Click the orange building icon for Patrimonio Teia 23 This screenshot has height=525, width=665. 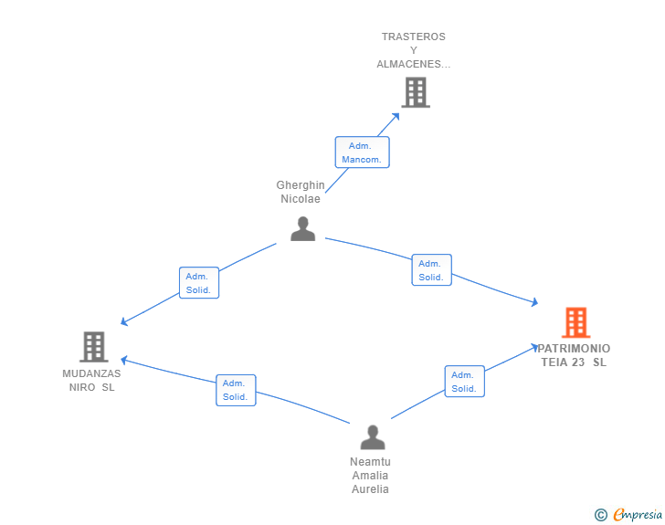(575, 322)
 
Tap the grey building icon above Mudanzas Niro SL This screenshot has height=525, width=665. (94, 346)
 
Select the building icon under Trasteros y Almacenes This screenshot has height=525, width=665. (416, 92)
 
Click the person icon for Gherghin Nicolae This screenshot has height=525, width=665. (303, 228)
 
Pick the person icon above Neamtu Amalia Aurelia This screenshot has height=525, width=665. (373, 437)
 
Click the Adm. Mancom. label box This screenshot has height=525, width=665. (362, 152)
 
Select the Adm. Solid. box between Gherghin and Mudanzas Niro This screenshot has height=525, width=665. (199, 283)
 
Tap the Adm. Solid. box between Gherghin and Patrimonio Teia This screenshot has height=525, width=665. (432, 269)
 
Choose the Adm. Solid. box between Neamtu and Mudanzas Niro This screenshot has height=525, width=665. (236, 390)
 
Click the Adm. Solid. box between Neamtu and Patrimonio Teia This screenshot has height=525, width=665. (465, 382)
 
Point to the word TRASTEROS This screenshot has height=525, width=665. (414, 37)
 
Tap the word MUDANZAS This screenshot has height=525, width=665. (91, 373)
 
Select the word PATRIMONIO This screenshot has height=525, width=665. (574, 349)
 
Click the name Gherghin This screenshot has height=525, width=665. (301, 185)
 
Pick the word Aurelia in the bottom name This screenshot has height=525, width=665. (370, 489)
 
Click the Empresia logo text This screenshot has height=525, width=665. (638, 514)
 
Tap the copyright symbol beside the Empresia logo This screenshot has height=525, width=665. (601, 515)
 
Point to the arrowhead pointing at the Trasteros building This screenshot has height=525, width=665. (396, 117)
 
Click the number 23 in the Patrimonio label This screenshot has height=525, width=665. (578, 362)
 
